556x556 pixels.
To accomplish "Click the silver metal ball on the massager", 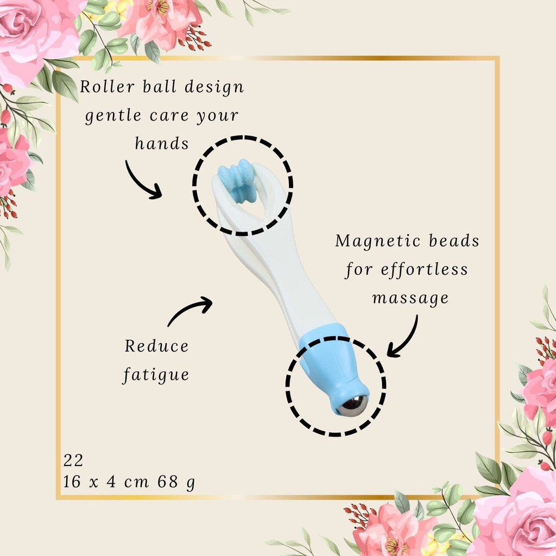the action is coord(352,405).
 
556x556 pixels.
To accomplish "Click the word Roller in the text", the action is coord(107,86).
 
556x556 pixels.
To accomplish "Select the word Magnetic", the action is coord(378,241).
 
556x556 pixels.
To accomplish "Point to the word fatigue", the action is coord(156,375).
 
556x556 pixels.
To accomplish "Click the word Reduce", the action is coord(156,346).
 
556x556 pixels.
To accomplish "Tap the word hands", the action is coord(162,143).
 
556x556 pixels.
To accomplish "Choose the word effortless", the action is coord(425,269).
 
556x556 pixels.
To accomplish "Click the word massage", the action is coord(410,299).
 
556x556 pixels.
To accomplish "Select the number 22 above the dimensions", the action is coord(73,460).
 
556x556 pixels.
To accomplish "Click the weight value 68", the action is coord(167,482).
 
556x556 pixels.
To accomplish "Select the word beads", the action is coord(454,241).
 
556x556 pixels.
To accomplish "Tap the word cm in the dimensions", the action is coord(136,482).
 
